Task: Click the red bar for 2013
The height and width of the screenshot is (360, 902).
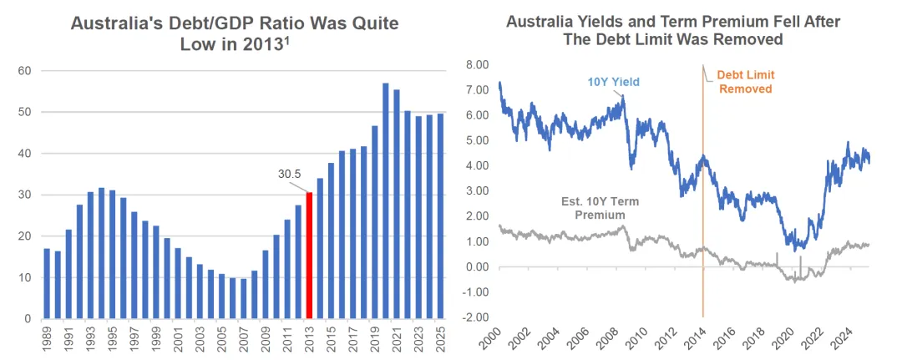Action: (x=308, y=256)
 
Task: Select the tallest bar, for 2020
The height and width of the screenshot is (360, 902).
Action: (x=386, y=200)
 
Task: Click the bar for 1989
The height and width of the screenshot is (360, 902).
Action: (x=47, y=284)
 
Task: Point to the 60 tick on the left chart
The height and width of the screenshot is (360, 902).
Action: (x=25, y=71)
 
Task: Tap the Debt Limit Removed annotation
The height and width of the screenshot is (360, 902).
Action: (x=744, y=82)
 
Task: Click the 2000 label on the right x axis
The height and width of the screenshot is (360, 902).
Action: (x=501, y=341)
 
